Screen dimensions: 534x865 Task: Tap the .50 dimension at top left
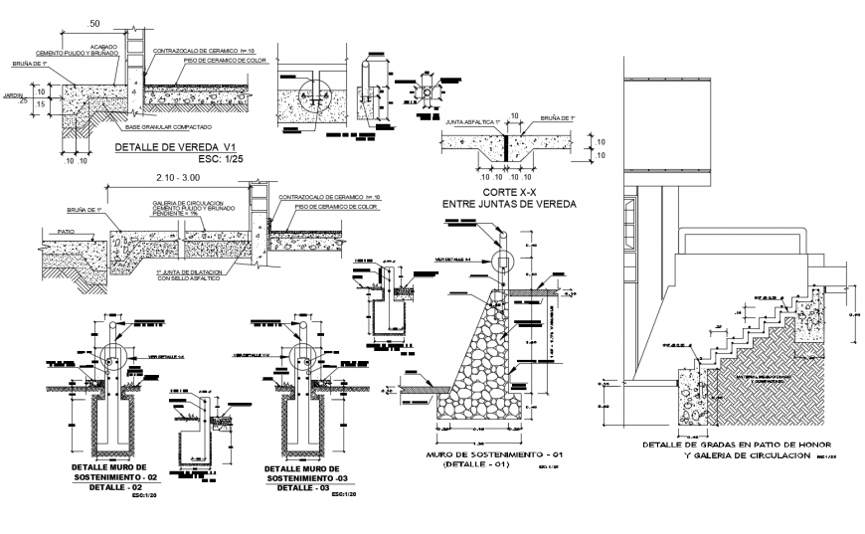(93, 23)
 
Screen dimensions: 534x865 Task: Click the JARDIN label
(13, 96)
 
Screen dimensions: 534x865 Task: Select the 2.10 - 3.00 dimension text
(179, 176)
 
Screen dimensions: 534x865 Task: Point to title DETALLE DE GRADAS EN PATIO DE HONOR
(737, 444)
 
